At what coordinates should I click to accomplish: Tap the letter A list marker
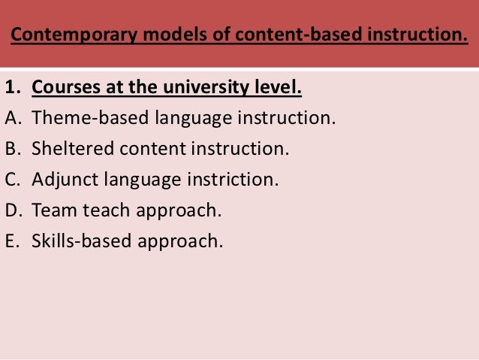(12, 118)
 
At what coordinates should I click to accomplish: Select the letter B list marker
(12, 149)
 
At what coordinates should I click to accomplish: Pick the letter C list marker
(12, 180)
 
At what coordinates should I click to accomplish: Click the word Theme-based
(89, 118)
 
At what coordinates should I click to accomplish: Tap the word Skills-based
(80, 241)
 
